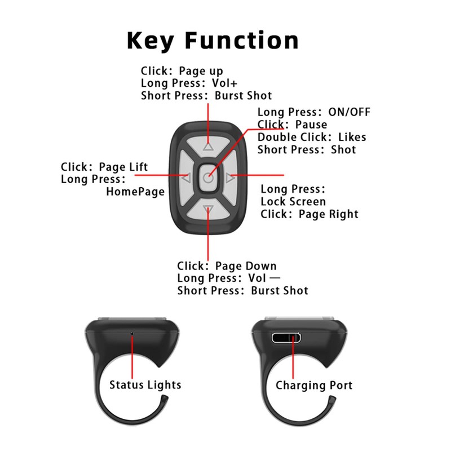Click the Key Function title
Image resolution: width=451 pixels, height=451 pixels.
coord(212,41)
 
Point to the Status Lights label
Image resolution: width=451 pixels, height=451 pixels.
coord(145,385)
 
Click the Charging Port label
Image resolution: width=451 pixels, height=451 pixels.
coord(314,386)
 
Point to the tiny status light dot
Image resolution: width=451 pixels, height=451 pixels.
coord(132,334)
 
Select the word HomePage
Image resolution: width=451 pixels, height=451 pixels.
coord(135,192)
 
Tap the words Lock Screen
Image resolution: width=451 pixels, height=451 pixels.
coord(293,201)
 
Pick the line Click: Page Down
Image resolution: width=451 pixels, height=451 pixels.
coord(227,266)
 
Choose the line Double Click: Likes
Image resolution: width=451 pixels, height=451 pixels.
coord(312,137)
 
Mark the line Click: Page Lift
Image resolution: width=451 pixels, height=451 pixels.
coord(104,167)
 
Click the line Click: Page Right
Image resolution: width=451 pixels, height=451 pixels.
coord(309,214)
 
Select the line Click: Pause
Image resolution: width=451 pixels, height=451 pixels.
coord(292,124)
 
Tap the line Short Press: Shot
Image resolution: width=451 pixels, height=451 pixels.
coord(307,150)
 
